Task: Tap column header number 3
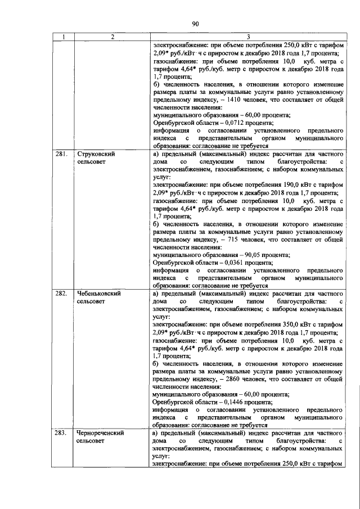[248, 37]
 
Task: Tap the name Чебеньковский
[99, 294]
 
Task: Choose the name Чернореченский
[101, 434]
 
